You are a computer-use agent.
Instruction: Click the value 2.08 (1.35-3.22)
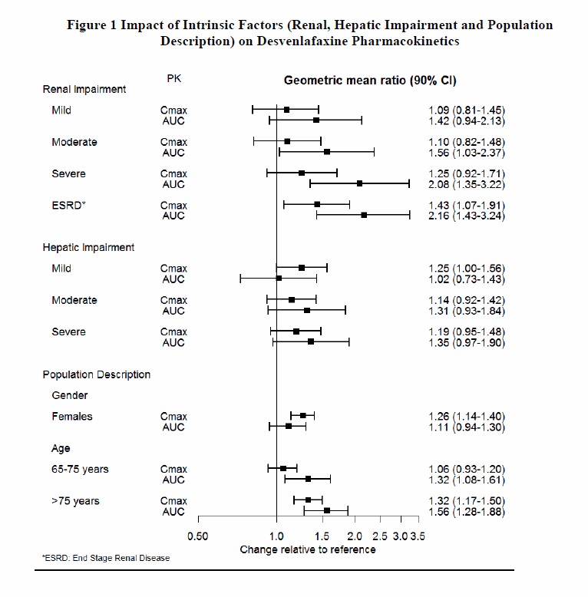coord(467,184)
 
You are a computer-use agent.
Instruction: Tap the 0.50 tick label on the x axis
coord(197,536)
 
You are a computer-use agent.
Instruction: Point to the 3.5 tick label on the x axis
coord(418,536)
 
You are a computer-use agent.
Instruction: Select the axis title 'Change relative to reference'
coord(308,549)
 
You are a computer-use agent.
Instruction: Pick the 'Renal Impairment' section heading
coord(84,89)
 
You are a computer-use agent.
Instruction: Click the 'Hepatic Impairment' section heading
coord(88,248)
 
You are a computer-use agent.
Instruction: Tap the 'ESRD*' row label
coord(67,205)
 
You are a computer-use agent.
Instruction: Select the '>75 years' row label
coord(75,501)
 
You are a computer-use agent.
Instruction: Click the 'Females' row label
coord(71,416)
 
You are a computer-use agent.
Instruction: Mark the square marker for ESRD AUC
coord(364,216)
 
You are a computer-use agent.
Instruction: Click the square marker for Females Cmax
coord(302,416)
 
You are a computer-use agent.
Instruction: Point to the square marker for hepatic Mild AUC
coord(279,279)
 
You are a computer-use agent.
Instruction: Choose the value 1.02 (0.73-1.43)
coord(467,279)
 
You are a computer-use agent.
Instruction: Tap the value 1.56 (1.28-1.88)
coord(467,511)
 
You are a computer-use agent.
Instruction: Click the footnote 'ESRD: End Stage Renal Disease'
coord(106,559)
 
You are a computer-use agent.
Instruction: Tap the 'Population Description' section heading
coord(96,374)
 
